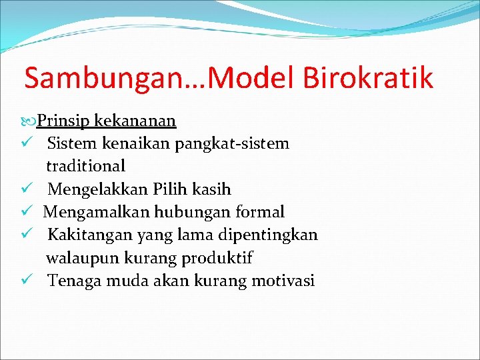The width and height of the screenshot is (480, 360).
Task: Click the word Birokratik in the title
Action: pyautogui.click(x=369, y=79)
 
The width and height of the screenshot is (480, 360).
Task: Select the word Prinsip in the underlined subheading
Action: pyautogui.click(x=64, y=121)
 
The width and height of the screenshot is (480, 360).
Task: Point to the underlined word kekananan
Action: pyautogui.click(x=135, y=121)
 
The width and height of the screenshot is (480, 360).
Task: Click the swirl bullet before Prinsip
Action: pyautogui.click(x=30, y=121)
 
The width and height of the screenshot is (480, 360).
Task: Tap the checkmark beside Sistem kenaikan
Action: pyautogui.click(x=27, y=143)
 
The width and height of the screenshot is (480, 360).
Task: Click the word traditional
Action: pyautogui.click(x=85, y=165)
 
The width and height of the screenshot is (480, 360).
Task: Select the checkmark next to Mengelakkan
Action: pyautogui.click(x=27, y=189)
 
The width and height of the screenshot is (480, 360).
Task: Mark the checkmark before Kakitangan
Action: pyautogui.click(x=27, y=235)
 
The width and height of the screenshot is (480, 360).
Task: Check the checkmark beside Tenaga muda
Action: pyautogui.click(x=27, y=281)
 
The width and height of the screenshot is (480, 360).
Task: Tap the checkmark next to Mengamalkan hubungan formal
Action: pyautogui.click(x=27, y=212)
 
